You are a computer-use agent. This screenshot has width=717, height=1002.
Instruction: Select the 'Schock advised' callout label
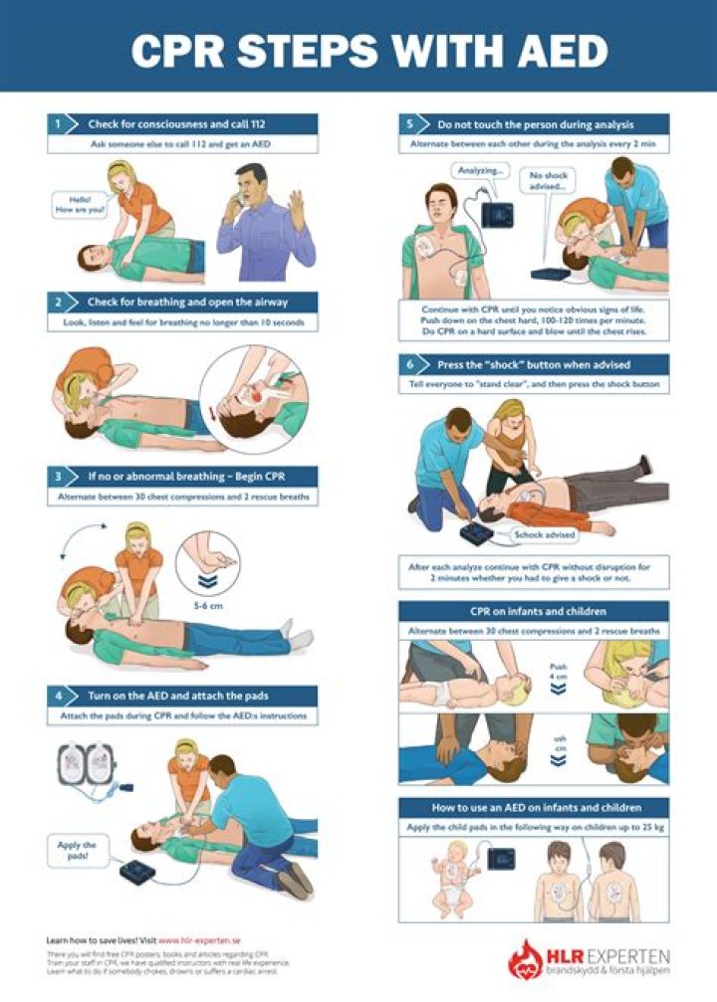coord(545,535)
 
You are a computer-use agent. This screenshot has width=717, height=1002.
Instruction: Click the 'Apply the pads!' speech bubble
coord(76,849)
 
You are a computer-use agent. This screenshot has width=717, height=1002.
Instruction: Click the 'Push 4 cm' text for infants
coord(558,674)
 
